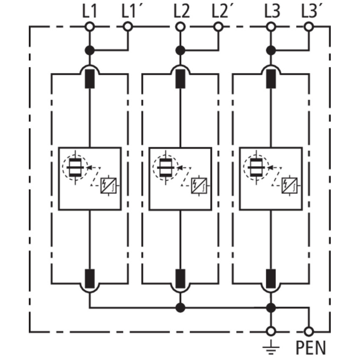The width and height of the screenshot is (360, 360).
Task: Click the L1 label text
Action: tap(89, 11)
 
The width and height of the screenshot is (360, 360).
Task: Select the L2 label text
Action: tap(182, 11)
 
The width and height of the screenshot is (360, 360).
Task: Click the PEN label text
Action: tap(311, 348)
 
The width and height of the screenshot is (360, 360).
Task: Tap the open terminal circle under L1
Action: tap(89, 27)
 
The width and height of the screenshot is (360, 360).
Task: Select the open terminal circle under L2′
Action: tap(218, 27)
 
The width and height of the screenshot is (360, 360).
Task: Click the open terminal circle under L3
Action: tap(271, 27)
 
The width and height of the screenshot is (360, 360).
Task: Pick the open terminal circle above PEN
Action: tap(309, 332)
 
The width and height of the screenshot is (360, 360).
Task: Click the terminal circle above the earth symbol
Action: tap(271, 332)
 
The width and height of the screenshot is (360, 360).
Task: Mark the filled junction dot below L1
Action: tap(89, 50)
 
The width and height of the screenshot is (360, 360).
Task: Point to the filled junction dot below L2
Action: tap(180, 50)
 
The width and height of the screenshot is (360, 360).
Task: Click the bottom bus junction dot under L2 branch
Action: tap(180, 307)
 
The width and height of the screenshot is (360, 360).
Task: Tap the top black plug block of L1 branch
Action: tap(89, 79)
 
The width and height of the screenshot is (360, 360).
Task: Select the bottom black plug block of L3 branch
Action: tap(271, 279)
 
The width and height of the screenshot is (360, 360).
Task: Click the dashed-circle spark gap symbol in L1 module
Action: tap(75, 167)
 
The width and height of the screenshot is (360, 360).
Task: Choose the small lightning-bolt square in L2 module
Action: tap(199, 186)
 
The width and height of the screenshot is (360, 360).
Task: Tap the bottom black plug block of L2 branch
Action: tap(180, 279)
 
